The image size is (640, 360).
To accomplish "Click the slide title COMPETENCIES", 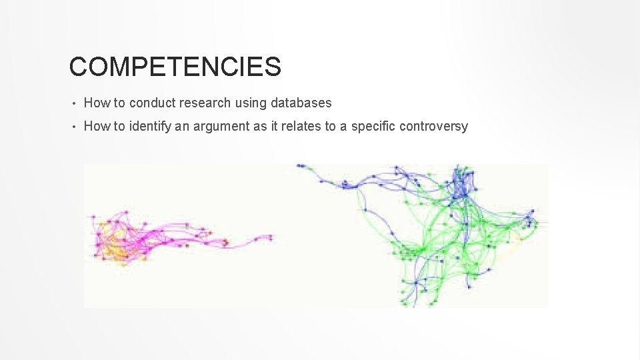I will click(175, 67).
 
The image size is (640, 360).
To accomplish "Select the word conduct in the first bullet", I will click(151, 103).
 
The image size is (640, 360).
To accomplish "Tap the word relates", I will click(300, 127).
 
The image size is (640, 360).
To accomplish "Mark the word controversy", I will click(433, 127).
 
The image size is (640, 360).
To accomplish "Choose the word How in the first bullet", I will click(96, 103).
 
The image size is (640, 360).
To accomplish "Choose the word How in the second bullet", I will click(96, 127).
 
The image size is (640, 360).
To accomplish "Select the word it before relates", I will click(275, 127).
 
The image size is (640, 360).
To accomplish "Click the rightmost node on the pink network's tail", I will click(270, 237).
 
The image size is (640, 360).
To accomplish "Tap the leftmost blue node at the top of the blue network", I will click(300, 165).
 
